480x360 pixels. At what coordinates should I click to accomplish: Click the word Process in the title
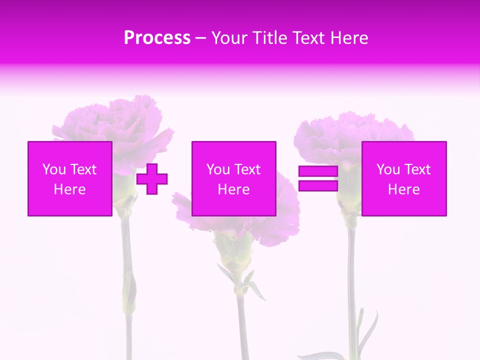point(157,38)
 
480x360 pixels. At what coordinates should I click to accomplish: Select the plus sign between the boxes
point(152,178)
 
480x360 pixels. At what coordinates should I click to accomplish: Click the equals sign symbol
point(318,178)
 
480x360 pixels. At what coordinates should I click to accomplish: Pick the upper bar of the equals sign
point(318,172)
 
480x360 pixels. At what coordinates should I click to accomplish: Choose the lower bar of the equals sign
point(318,185)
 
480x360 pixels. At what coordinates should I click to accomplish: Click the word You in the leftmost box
point(54,169)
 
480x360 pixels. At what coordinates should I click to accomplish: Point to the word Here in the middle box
point(233,189)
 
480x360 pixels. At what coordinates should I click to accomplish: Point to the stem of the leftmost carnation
point(127,270)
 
